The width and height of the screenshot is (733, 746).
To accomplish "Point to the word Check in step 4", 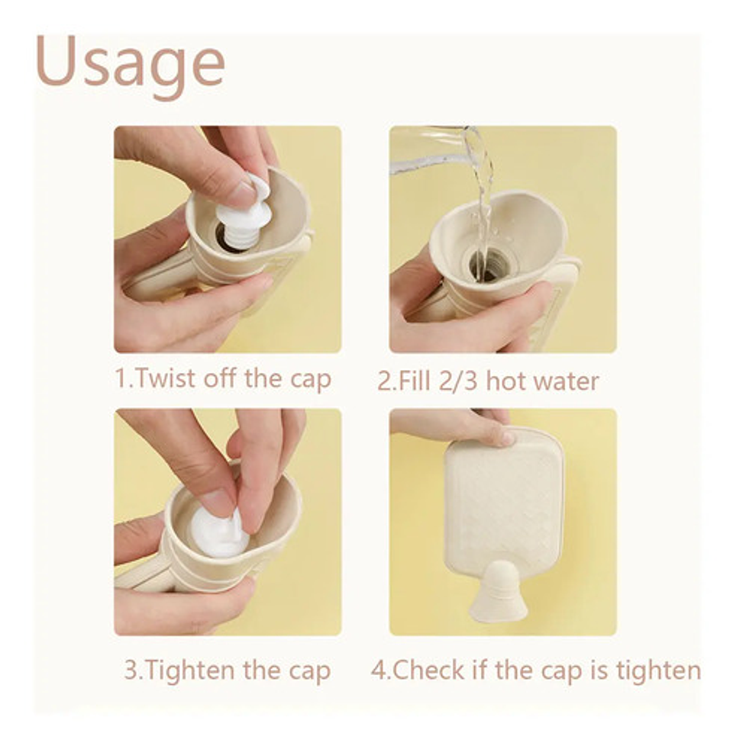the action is pyautogui.click(x=428, y=670).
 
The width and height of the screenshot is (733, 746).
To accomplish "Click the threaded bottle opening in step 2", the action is pyautogui.click(x=489, y=265).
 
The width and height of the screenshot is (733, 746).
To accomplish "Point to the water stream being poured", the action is pyautogui.click(x=480, y=200).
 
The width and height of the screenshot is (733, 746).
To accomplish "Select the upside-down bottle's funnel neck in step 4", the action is pyautogui.click(x=498, y=593).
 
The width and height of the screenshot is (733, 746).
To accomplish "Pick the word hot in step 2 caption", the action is pyautogui.click(x=504, y=381).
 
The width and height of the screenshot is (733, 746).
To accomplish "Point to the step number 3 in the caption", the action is pyautogui.click(x=130, y=670).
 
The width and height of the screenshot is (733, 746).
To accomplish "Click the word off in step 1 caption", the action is pyautogui.click(x=220, y=378).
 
